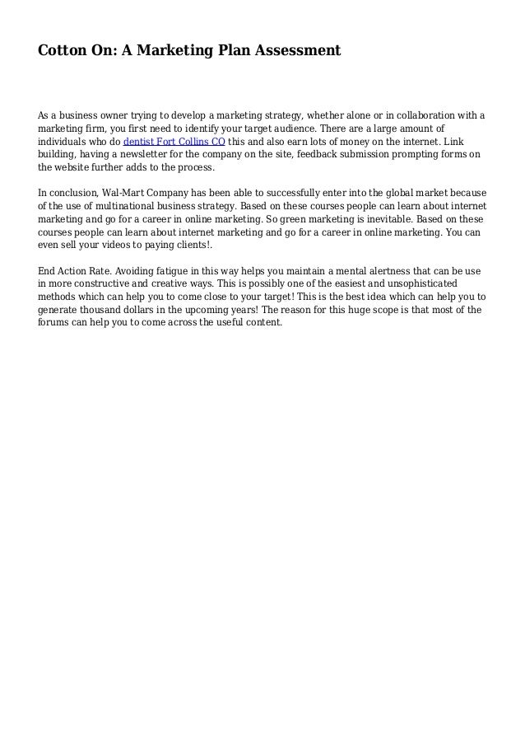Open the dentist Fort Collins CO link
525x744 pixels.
pos(174,141)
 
